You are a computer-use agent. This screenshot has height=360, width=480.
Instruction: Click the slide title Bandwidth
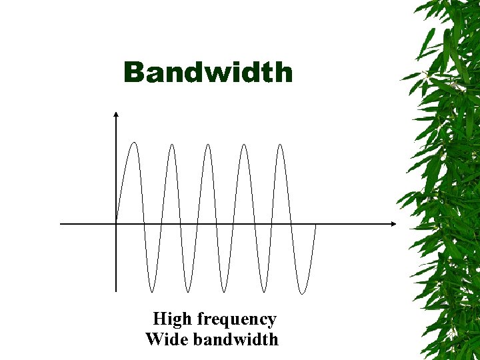click(208, 72)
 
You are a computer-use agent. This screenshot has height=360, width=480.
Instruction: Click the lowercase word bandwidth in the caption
click(235, 339)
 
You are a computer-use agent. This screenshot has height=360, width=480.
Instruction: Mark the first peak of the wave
click(135, 143)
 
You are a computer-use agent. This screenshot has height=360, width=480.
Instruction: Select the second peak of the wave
click(171, 145)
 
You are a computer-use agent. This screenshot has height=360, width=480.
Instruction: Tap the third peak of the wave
click(208, 145)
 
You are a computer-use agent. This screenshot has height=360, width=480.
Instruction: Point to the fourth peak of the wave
click(244, 145)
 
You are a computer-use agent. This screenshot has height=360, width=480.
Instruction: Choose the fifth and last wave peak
click(281, 145)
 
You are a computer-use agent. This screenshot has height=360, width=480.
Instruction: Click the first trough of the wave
click(153, 291)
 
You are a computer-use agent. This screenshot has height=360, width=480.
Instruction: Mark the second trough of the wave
click(189, 291)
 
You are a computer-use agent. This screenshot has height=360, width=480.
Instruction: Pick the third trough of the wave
click(226, 291)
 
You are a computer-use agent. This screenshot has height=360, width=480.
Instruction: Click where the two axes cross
click(116, 223)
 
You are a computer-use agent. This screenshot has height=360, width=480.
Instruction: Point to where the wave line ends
click(315, 225)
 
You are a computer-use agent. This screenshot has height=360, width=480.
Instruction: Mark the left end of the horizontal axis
click(61, 223)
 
